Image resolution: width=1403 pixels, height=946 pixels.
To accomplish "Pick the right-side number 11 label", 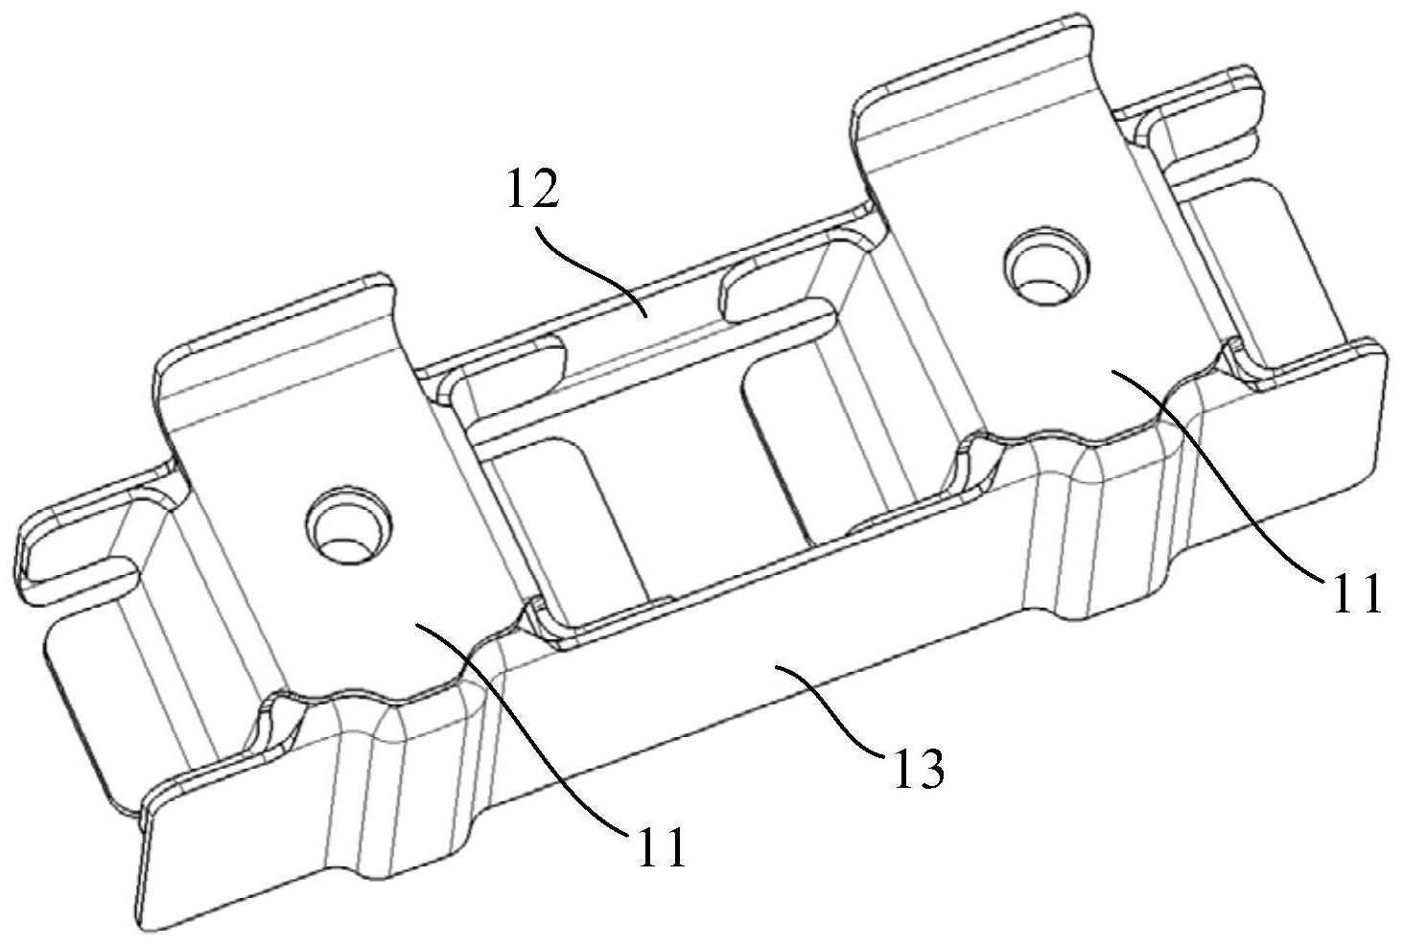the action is click(x=1354, y=591).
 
